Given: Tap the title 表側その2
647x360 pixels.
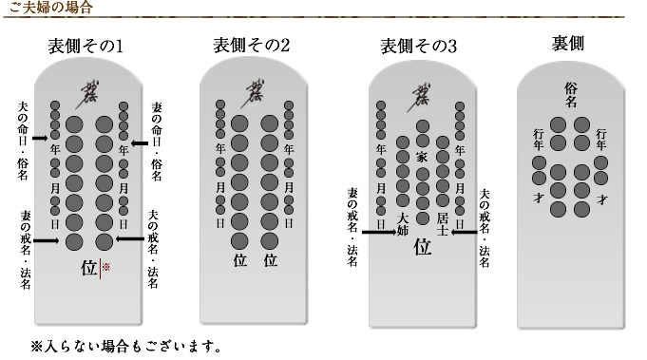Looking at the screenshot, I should point(251,45).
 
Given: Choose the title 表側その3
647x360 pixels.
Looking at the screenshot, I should point(419,45).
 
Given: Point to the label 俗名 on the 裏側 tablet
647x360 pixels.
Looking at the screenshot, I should point(570,94).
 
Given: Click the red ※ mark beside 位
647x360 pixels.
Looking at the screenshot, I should point(106,268).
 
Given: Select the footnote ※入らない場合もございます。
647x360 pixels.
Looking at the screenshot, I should point(125,344).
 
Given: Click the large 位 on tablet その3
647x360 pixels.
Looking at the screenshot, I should point(422,248).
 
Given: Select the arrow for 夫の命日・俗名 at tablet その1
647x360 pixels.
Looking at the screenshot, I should point(38,140).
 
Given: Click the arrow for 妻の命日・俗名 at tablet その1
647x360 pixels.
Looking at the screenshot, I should point(140,143).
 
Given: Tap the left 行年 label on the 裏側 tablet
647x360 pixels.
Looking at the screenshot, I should point(540,139).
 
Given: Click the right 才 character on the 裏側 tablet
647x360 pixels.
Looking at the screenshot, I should point(601,199).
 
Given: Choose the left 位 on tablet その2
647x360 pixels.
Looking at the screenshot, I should point(240,259).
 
